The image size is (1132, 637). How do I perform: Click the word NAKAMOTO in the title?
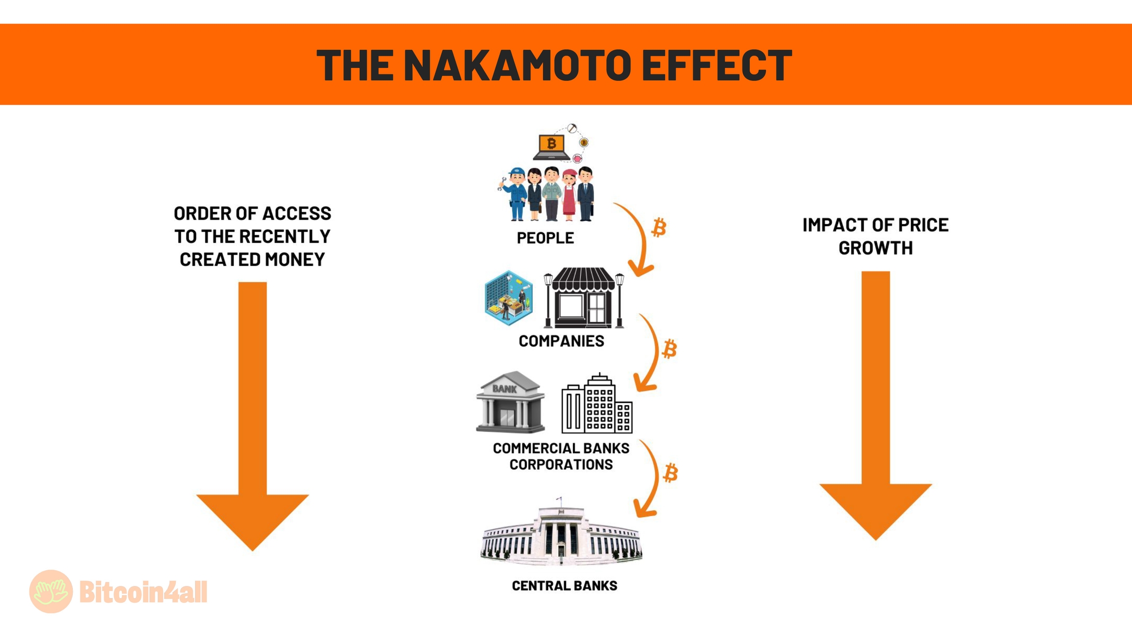[x=517, y=65]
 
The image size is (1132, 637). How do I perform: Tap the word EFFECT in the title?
[x=717, y=65]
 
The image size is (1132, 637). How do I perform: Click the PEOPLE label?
[x=545, y=238]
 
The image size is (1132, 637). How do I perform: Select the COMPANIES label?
[x=561, y=341]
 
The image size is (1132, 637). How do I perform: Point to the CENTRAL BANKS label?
[x=565, y=586]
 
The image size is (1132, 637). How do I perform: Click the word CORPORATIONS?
[x=561, y=464]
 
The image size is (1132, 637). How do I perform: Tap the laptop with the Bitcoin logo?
[x=551, y=147]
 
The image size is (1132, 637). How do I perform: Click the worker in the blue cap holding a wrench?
[x=514, y=194]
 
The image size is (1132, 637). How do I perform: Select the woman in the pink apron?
[x=569, y=195]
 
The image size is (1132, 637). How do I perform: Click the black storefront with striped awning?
[x=584, y=298]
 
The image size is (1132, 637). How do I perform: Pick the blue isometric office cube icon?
[x=509, y=298]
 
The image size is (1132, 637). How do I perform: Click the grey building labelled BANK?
[x=510, y=403]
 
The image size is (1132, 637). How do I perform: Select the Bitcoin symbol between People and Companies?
[x=659, y=228]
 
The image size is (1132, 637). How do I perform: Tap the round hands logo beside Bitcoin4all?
[x=51, y=591]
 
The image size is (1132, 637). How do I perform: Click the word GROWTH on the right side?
[x=875, y=248]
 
